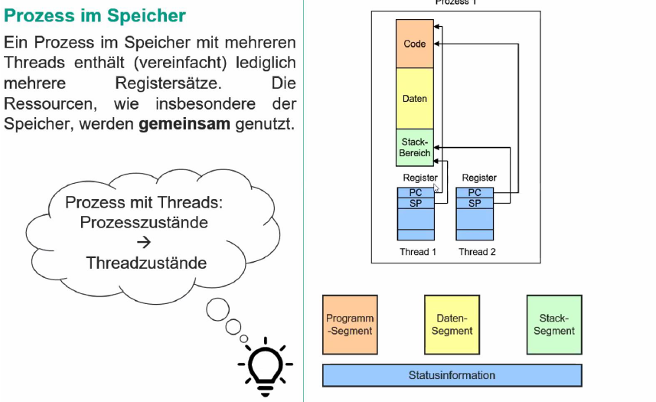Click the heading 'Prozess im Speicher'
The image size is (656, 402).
[95, 15]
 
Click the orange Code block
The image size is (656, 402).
[414, 44]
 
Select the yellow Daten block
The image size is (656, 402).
[414, 98]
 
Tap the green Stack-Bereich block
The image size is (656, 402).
[414, 147]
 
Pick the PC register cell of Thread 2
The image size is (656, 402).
[475, 193]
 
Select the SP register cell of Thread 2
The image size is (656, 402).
[475, 203]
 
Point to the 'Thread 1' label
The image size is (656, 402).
[418, 251]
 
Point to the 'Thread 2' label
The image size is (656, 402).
[477, 251]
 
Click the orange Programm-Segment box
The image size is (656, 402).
[350, 325]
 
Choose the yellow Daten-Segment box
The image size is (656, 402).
[452, 325]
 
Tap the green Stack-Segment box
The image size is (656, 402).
[553, 325]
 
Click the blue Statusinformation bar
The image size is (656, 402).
[452, 375]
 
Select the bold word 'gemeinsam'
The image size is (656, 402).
[184, 124]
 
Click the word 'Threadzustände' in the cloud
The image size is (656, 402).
[146, 263]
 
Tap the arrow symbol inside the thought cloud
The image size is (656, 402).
[143, 243]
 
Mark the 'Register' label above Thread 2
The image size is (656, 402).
[479, 178]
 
